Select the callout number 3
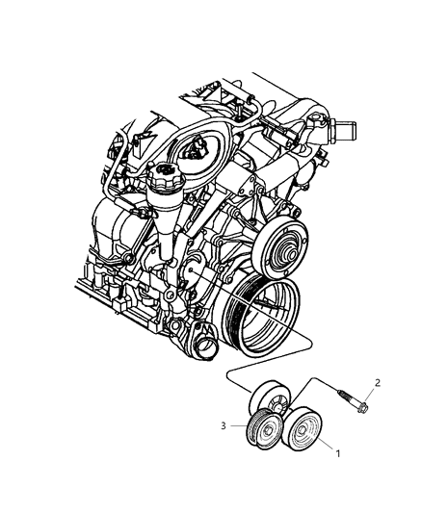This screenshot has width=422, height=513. pyautogui.click(x=223, y=423)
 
